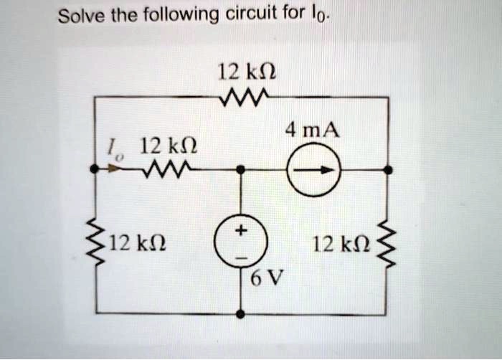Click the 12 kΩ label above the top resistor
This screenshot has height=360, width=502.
243,71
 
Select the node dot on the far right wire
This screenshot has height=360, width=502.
388,170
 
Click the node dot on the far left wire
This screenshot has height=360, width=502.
94,170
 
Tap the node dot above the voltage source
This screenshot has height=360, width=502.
241,170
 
